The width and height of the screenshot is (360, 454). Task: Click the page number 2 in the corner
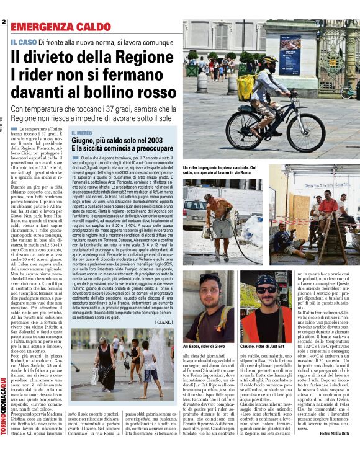4,22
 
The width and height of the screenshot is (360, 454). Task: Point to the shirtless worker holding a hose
221,218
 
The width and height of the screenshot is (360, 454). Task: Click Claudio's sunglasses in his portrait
267,290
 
